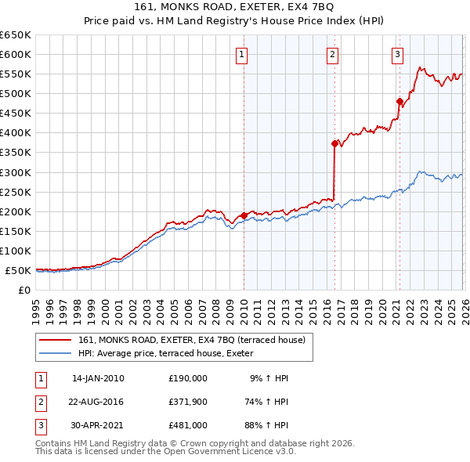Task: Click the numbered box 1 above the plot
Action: pyautogui.click(x=242, y=55)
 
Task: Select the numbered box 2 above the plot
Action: pyautogui.click(x=333, y=55)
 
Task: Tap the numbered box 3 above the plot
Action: pyautogui.click(x=398, y=55)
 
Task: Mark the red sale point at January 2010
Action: pyautogui.click(x=244, y=215)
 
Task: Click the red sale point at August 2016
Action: pyautogui.click(x=334, y=143)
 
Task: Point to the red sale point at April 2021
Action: pyautogui.click(x=399, y=101)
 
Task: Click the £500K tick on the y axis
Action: pyautogui.click(x=16, y=94)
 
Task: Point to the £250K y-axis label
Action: pyautogui.click(x=16, y=192)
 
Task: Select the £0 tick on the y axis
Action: pyautogui.click(x=24, y=291)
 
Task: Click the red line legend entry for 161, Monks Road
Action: pyautogui.click(x=196, y=340)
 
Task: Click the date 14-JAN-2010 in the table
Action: pyautogui.click(x=98, y=378)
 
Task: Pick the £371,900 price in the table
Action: pyautogui.click(x=188, y=402)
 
